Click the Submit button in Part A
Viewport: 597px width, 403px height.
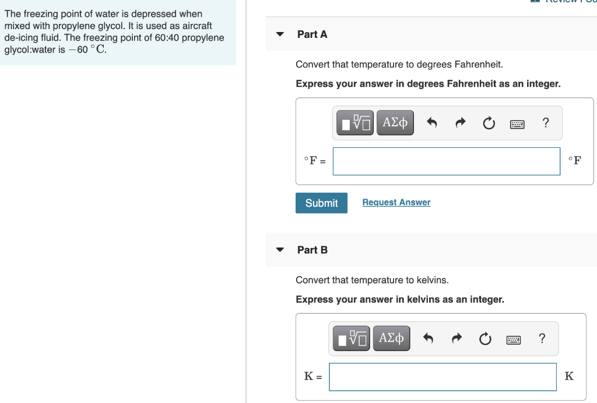coord(321,203)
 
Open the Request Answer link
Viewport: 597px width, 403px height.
coord(396,202)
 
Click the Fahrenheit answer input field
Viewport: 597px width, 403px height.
coord(446,161)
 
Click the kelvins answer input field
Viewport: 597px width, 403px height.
coord(443,377)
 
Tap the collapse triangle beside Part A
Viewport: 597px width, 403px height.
coord(280,34)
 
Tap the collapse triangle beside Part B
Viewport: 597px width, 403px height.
coord(280,250)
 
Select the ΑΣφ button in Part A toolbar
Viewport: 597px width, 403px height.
coord(395,123)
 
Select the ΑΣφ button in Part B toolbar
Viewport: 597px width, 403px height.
coord(391,338)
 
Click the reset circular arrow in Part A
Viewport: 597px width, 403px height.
coord(489,123)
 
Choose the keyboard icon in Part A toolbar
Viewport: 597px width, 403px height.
coord(517,123)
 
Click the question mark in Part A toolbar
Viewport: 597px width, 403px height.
coord(545,122)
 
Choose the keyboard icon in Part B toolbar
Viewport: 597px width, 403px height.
coord(513,339)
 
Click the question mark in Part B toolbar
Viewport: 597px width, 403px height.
coord(542,338)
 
